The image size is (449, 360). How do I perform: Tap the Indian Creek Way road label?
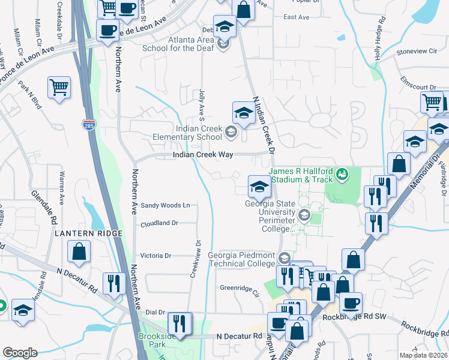point(202,155)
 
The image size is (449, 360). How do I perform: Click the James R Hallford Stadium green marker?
point(343,175)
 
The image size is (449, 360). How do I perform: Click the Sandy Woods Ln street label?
point(165,205)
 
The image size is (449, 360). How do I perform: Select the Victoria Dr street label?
point(155,255)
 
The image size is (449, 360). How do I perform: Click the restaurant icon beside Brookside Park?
point(179,323)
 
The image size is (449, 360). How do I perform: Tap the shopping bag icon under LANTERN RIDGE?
point(79,251)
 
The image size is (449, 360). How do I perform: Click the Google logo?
point(20,353)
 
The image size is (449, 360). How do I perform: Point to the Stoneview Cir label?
point(417,52)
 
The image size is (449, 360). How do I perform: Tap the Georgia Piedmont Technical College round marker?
point(285,259)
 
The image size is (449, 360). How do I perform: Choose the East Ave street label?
point(296,17)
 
